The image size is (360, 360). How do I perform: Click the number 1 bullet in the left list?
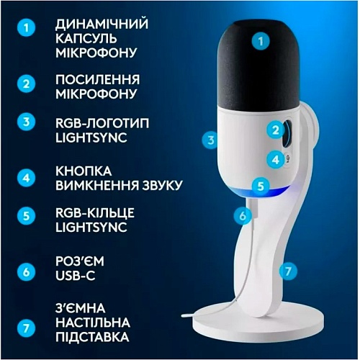click(26, 27)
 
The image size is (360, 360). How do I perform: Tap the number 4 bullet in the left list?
click(26, 178)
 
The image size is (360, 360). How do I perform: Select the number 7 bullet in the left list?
click(26, 328)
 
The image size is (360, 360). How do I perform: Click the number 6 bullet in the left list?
click(26, 272)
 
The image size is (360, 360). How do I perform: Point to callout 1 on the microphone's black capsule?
click(261, 41)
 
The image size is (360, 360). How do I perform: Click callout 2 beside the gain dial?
click(276, 130)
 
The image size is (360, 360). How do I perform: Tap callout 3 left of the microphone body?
click(211, 140)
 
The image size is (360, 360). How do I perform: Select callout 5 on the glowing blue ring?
click(261, 186)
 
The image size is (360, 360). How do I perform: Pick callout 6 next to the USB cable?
click(243, 215)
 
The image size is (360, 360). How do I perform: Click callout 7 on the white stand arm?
click(288, 271)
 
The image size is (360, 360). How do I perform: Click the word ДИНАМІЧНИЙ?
click(102, 24)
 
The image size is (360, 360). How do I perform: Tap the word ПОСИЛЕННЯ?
click(97, 80)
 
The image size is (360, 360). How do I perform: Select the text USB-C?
click(76, 275)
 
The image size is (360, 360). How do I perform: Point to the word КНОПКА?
click(84, 171)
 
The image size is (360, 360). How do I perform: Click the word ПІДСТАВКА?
click(92, 336)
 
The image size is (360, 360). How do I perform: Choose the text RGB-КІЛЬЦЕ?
click(95, 213)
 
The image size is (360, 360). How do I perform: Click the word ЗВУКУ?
click(162, 185)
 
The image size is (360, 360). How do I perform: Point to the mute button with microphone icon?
click(287, 158)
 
